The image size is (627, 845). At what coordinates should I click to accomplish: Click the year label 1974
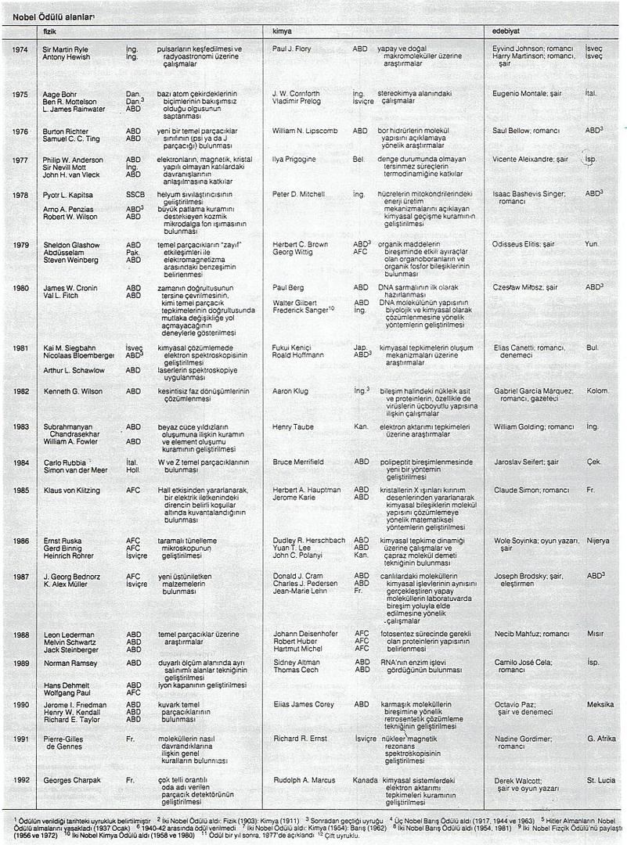20,49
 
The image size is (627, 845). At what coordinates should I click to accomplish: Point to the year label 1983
20,427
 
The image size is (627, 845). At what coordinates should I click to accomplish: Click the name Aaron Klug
289,390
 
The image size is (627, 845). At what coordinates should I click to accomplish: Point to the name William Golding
518,427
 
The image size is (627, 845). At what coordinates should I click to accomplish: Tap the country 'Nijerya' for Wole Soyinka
599,541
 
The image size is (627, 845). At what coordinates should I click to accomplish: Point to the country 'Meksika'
600,704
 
